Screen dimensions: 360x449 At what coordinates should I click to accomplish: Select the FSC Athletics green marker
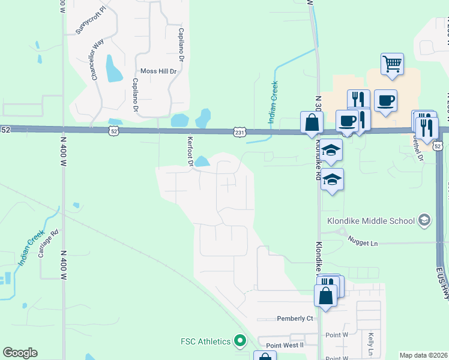tap(240, 341)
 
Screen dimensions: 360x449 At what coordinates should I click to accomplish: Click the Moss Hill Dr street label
tap(158, 71)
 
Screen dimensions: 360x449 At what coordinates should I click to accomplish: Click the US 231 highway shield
tap(240, 131)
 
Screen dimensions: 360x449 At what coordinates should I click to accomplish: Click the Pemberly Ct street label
tap(295, 318)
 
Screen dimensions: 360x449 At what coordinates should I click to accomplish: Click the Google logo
tap(20, 353)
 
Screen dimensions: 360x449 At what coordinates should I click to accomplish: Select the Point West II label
tap(285, 345)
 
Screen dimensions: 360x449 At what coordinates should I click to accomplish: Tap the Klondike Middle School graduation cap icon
tap(424, 220)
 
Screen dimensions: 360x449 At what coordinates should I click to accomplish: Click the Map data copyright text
tap(423, 355)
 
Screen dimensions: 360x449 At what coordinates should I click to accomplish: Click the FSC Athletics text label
tap(206, 341)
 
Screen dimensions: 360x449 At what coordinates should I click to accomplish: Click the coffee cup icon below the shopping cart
tap(385, 100)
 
